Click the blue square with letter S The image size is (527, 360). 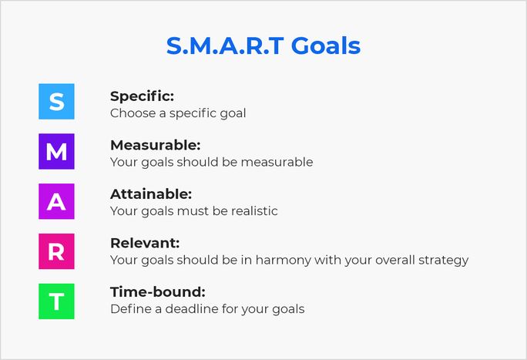tap(56, 102)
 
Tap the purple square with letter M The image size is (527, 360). tap(56, 151)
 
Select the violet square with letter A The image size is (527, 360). tap(56, 201)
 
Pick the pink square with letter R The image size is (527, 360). tap(56, 251)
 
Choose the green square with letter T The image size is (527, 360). tap(56, 301)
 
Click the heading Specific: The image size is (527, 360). tap(143, 96)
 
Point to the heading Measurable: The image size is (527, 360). tap(155, 145)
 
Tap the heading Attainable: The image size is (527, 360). tap(151, 194)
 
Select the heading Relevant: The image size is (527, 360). tap(145, 243)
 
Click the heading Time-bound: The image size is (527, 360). tap(158, 292)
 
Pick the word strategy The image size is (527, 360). tap(441, 260)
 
